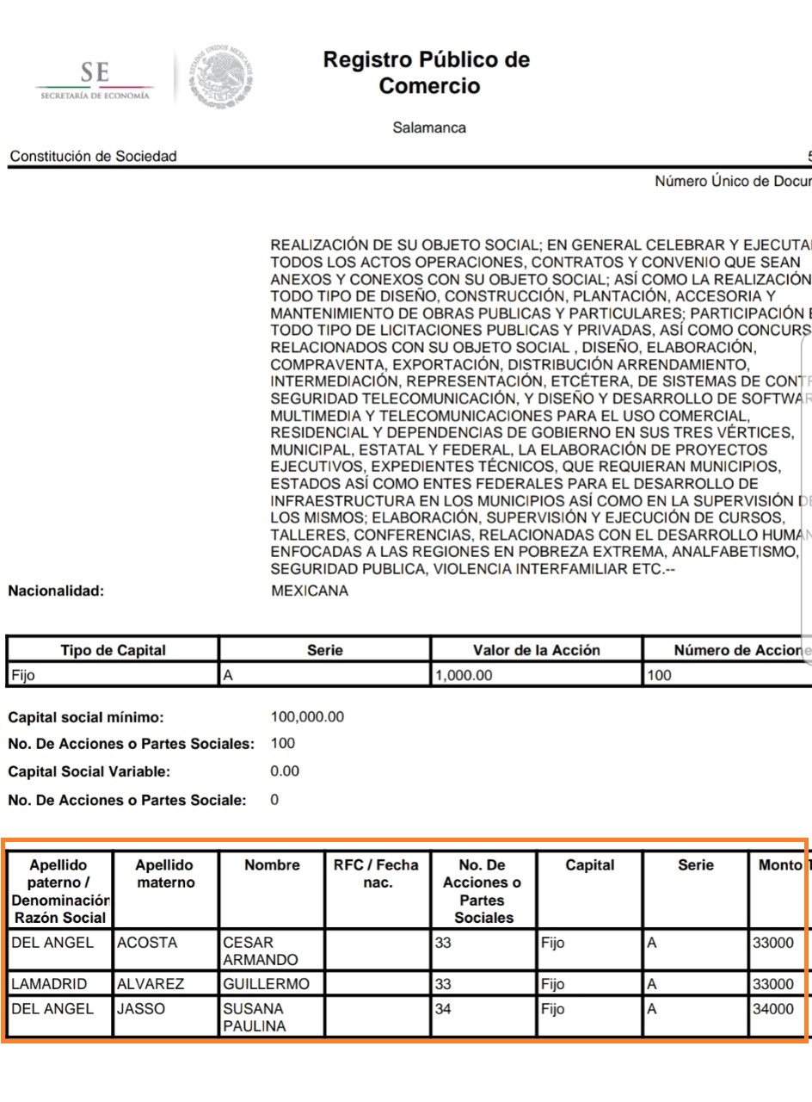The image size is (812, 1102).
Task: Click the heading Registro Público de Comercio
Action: (427, 73)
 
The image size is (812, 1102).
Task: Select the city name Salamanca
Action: (429, 128)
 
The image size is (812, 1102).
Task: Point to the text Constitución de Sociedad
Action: (93, 156)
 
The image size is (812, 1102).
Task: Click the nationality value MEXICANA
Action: (310, 591)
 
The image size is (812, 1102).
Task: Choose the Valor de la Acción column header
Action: (536, 650)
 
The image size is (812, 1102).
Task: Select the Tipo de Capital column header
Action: (113, 650)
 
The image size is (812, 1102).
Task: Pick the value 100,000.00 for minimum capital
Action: (307, 716)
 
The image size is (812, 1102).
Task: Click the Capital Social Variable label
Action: (89, 771)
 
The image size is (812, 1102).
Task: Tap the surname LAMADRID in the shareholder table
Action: (51, 983)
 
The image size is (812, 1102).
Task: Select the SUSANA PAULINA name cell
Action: (254, 1017)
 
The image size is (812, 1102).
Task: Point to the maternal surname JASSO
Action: (140, 1008)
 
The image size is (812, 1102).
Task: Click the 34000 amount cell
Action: (773, 1008)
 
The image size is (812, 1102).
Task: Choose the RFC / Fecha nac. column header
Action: (376, 873)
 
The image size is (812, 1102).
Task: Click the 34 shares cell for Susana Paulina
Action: (443, 1008)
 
